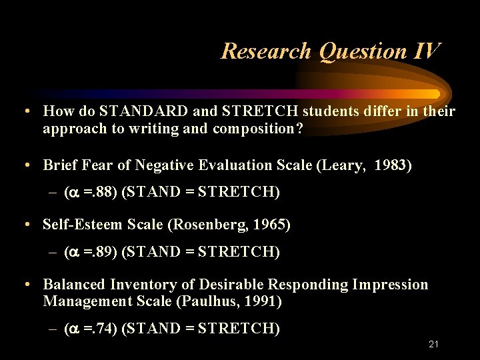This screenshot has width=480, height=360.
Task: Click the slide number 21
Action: [x=433, y=344]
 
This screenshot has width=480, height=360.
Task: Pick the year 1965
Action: [x=271, y=225]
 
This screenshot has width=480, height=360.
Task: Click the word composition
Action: [x=258, y=129]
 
